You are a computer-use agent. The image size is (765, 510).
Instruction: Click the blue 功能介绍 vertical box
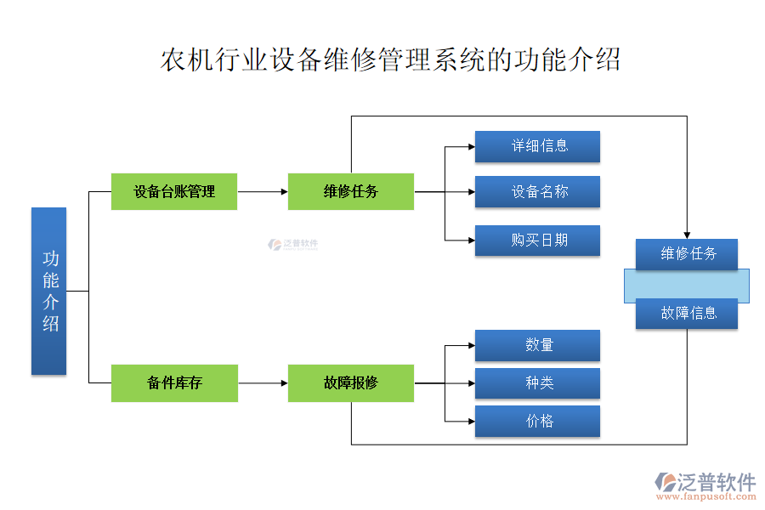(48, 291)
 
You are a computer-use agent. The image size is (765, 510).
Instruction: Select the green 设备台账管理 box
(174, 191)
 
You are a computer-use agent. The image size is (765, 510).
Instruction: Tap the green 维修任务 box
(350, 191)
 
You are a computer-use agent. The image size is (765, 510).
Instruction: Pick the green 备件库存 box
(174, 382)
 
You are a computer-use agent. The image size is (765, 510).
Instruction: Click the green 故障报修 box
(350, 382)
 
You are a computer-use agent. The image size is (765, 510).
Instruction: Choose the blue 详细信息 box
(537, 146)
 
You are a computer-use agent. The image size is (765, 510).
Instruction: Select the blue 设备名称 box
(537, 191)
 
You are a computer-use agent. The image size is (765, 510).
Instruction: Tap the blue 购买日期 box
(537, 240)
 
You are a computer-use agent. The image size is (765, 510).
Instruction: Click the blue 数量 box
(537, 345)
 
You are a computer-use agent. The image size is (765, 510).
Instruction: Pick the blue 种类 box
(537, 383)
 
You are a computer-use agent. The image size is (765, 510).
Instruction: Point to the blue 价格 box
(537, 421)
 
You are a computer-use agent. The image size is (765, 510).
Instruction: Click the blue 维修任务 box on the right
(687, 253)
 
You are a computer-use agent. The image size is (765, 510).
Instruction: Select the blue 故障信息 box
(687, 314)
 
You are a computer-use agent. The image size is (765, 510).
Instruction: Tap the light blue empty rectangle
(687, 286)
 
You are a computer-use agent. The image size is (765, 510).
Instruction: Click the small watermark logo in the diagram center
(293, 244)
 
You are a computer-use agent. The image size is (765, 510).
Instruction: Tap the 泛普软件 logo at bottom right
(706, 481)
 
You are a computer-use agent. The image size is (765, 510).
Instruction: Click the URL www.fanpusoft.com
(706, 498)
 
